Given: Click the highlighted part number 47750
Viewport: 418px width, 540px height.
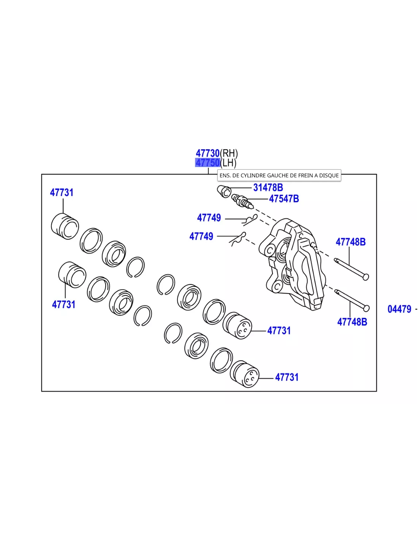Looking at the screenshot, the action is coord(207,163).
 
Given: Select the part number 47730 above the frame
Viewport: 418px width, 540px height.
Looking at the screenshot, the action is coord(207,153).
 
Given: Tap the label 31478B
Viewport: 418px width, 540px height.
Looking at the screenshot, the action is coord(268,188).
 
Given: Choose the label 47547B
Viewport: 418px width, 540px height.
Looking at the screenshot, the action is coord(284,199).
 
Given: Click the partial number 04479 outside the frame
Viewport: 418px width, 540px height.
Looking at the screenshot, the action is coord(399,309).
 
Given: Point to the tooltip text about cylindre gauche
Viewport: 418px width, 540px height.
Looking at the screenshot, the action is coord(279,175).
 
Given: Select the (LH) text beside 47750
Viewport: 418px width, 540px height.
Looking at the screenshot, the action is coord(228,163).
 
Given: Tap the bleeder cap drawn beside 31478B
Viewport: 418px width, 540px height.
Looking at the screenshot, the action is coord(224,192).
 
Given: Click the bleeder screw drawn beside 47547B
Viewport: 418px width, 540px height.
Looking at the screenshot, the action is coord(242,202).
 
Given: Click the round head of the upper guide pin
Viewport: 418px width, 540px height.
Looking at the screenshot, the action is coord(366,277).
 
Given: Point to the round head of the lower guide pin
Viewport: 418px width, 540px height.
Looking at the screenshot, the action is coord(366,308).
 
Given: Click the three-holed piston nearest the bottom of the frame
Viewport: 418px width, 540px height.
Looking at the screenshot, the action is coord(244,374).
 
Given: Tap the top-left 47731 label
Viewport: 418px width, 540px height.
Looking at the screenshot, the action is coord(62,193).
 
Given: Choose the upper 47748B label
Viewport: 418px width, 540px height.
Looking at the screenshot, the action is coord(351,242).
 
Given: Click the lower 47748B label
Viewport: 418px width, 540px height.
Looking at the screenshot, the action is coord(352,322).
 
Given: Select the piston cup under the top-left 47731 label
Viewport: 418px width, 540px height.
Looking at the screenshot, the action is coord(65,226).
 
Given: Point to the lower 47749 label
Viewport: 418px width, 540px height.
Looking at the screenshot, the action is coord(201,236).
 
